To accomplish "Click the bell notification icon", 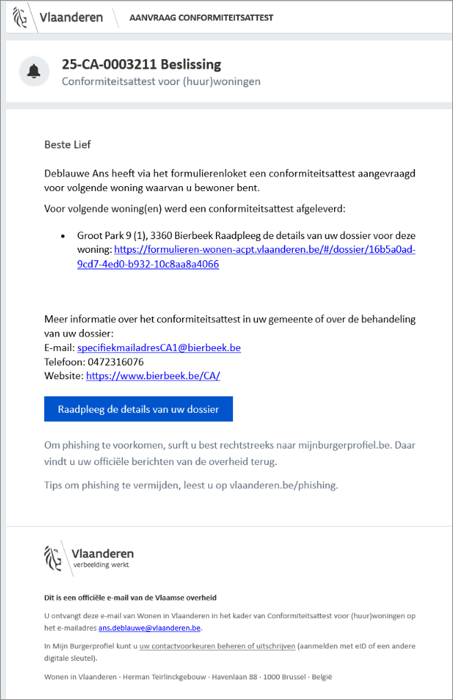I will tap(33, 71).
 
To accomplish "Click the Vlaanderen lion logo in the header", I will tap(23, 18).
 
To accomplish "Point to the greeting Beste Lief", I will tap(67, 144).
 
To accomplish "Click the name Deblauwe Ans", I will tap(76, 174).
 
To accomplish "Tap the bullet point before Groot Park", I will tap(63, 236).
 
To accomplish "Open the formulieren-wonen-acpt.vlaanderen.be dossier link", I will tap(265, 250).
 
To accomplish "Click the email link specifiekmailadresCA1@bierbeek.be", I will tap(159, 348).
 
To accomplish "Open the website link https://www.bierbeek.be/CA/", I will tap(153, 376).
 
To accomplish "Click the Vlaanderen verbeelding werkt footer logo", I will tap(89, 556).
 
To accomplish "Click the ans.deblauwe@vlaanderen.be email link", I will tap(149, 627).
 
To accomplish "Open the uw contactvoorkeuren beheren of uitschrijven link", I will tap(217, 646).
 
